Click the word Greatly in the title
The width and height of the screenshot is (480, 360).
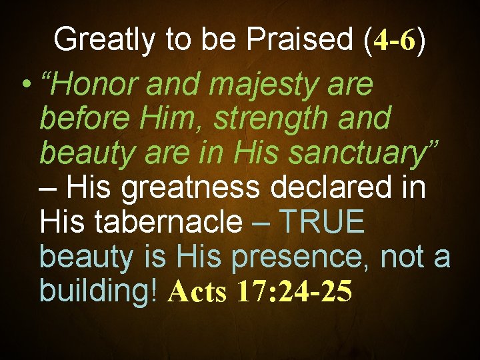pyautogui.click(x=93, y=40)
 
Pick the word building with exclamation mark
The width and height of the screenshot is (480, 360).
pyautogui.click(x=99, y=291)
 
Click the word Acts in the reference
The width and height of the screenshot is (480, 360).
pyautogui.click(x=197, y=291)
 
